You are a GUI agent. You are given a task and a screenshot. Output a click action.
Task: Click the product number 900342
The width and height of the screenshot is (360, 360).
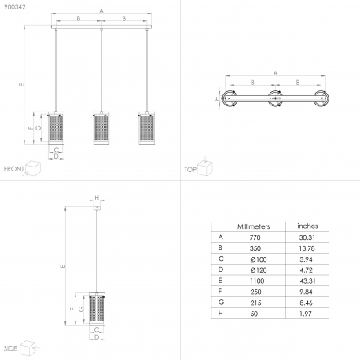pos(15,7)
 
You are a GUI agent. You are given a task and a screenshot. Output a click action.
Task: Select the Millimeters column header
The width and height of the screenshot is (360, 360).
pos(253,226)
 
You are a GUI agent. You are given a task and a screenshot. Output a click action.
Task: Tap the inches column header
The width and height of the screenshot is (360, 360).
pos(307,226)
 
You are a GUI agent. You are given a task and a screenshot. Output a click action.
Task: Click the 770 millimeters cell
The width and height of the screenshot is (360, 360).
pos(255,237)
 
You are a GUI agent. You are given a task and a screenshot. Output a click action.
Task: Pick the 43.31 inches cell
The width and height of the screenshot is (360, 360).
pos(307,281)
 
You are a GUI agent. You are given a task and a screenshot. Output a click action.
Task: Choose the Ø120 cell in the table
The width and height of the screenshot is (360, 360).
pos(259,270)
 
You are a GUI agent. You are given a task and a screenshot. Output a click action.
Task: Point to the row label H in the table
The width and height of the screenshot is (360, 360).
pos(221,314)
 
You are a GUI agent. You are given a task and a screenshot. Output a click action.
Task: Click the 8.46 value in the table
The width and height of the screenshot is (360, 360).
pos(306,303)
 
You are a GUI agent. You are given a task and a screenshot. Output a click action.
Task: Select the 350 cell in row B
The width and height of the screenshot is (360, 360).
pos(255,248)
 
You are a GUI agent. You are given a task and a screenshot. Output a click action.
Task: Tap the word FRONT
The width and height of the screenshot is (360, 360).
pos(14,169)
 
